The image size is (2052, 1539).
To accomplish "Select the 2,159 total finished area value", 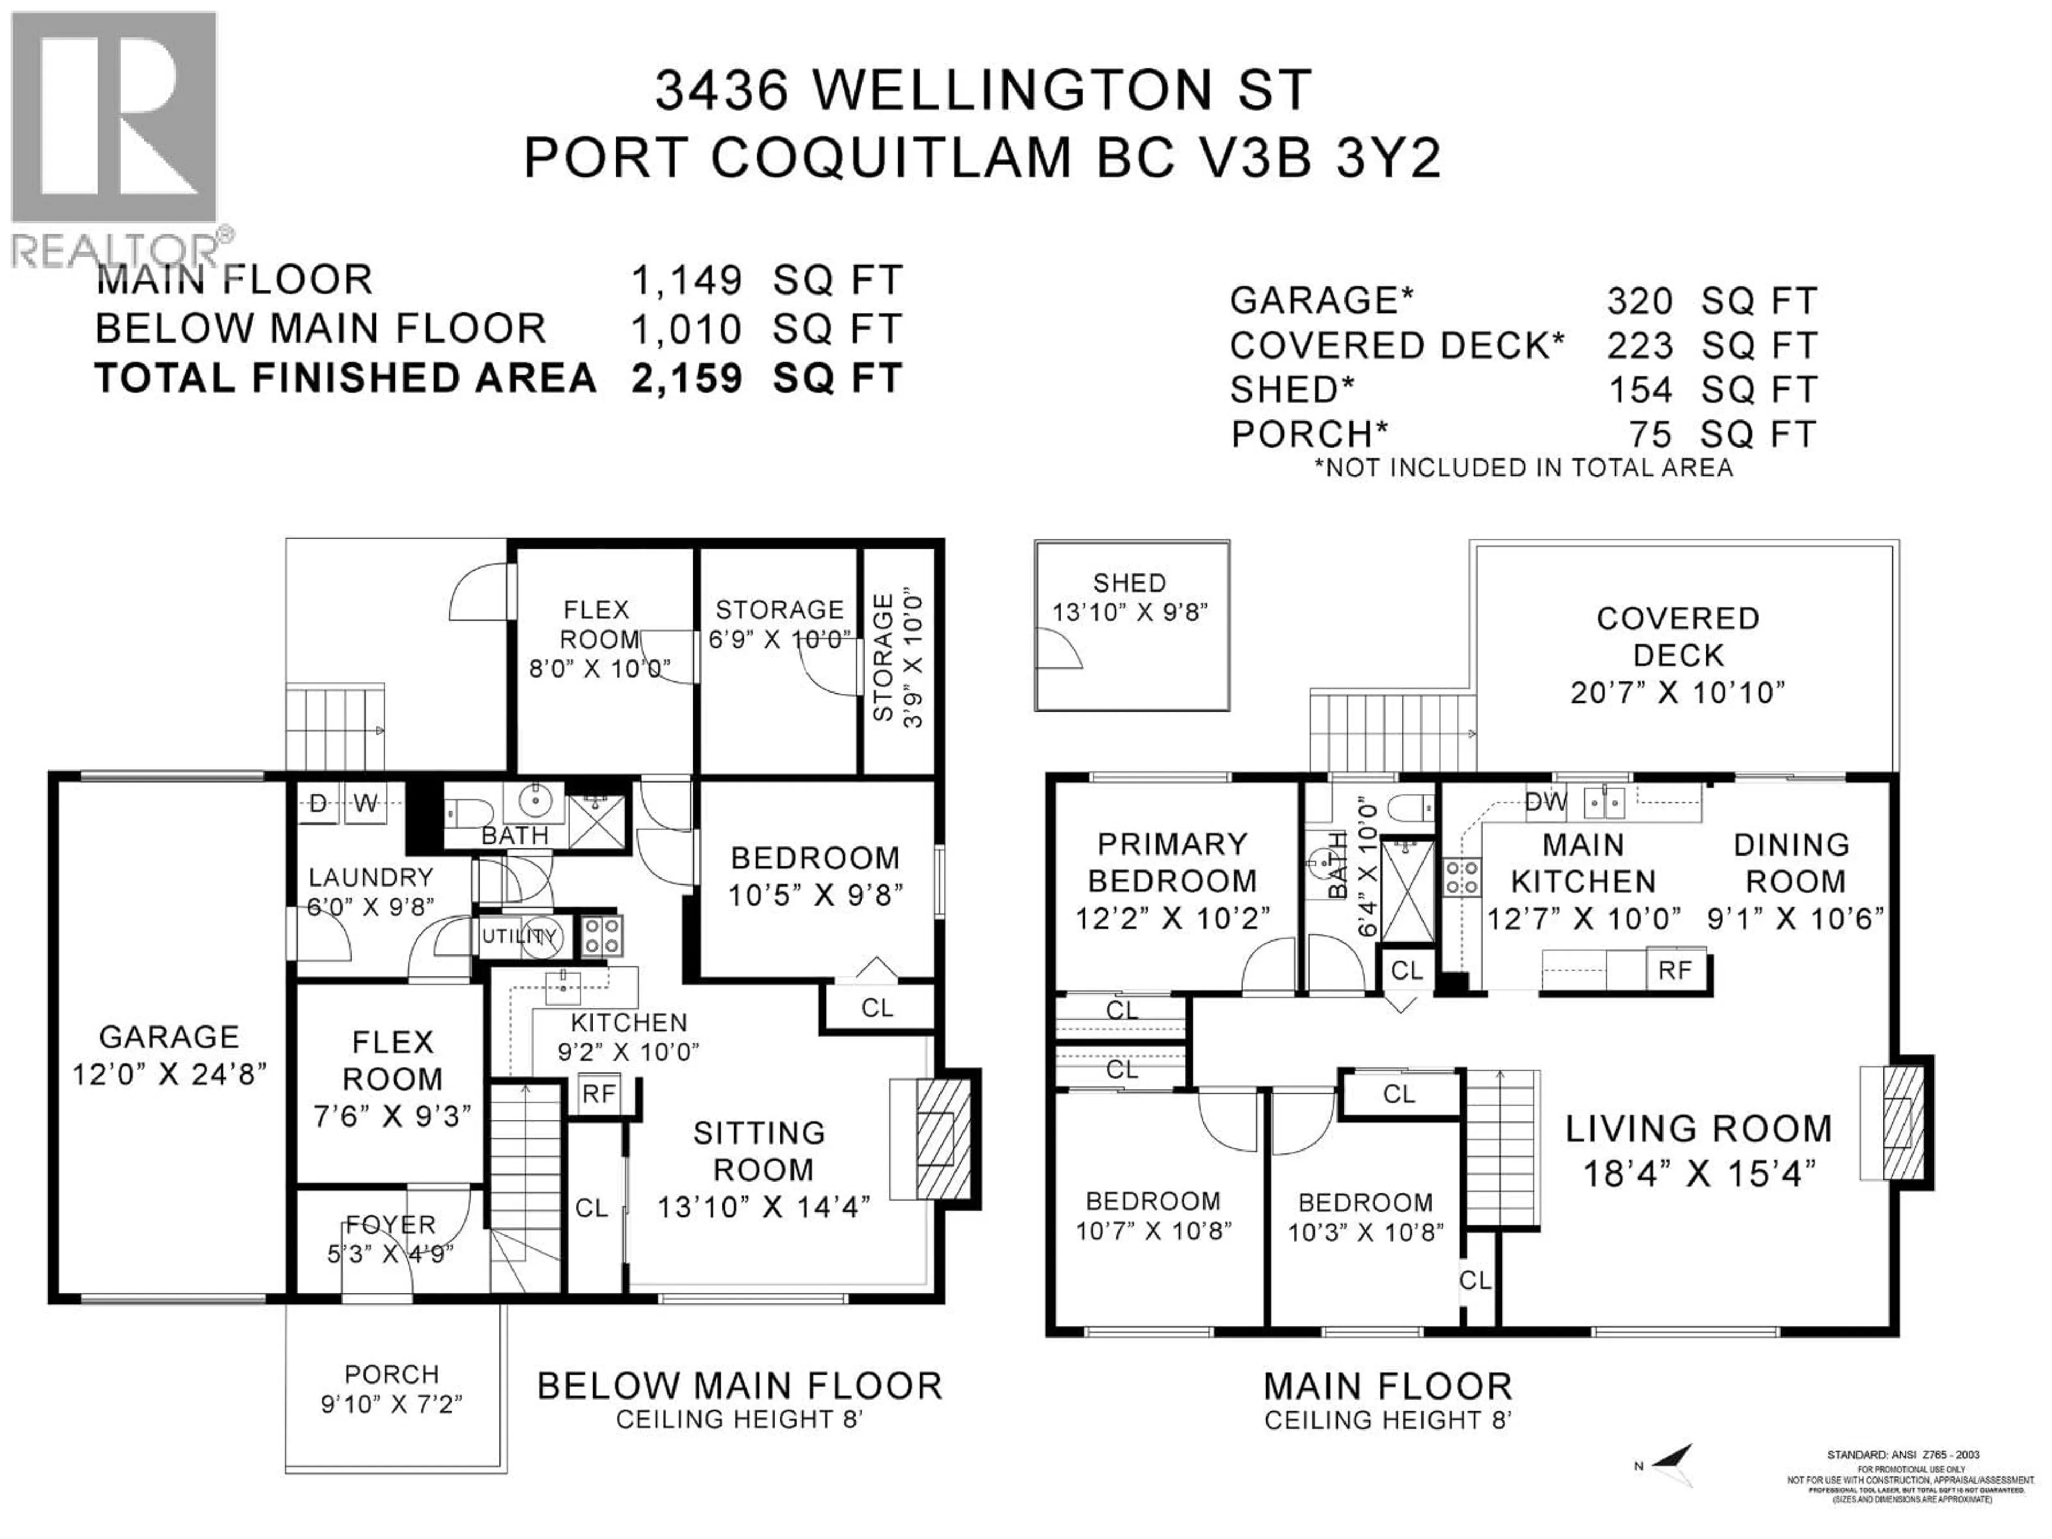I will point(687,378).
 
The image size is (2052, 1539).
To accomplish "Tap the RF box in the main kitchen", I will point(1674,970).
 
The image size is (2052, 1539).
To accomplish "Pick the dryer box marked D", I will point(317,803).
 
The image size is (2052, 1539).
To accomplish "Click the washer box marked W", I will point(366,803).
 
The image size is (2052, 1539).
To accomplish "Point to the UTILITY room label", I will point(519,936).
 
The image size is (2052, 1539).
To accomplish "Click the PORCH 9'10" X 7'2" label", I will point(392,1389).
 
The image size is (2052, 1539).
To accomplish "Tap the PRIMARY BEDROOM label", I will point(1172,862).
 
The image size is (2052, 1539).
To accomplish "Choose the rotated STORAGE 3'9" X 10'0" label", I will point(897,659).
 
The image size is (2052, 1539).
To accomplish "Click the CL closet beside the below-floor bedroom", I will point(877,1007).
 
